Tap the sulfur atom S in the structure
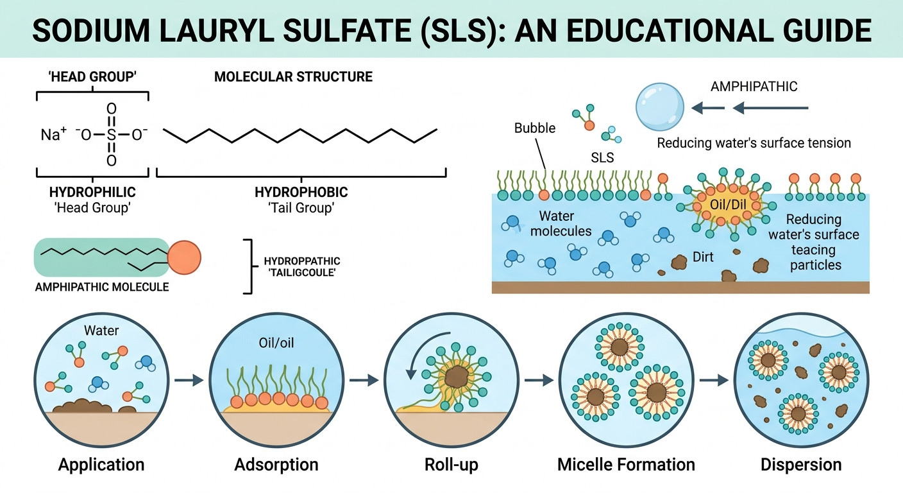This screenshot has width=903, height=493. pos(111,134)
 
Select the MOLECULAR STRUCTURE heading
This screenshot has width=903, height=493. pos(293,76)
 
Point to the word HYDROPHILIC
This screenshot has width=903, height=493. pos(92,192)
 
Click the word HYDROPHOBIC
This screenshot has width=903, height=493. pos(301,192)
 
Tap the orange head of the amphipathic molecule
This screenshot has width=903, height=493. pos(184,257)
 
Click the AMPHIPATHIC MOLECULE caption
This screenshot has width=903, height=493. pos(102,287)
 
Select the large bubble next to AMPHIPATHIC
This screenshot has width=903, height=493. pos(659,107)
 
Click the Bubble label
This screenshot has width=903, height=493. pos(534,128)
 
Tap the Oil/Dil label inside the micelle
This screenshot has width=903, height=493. pos(728,205)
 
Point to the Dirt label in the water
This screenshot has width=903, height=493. pos(703,257)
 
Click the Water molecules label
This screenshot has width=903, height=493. pos(561,223)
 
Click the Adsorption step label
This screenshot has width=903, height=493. pos(276,465)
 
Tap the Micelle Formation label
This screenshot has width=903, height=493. pos(626,465)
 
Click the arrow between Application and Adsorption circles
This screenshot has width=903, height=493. pos(189,380)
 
